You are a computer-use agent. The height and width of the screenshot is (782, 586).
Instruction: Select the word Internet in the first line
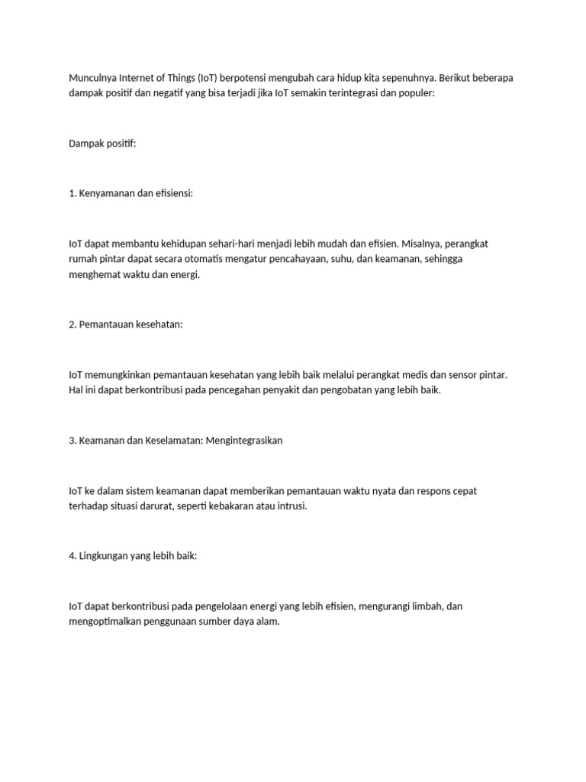139,78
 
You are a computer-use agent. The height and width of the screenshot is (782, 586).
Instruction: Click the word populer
413,92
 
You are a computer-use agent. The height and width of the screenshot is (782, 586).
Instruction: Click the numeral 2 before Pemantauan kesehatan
72,325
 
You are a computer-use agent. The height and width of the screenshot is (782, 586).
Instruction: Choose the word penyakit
293,389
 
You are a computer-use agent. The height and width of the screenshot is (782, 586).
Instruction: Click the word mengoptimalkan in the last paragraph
107,622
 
